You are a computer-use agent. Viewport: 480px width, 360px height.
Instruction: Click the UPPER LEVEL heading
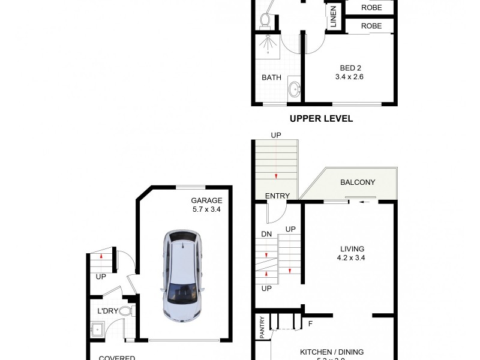click(x=321, y=119)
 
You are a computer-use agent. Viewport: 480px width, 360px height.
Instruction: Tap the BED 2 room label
click(x=349, y=67)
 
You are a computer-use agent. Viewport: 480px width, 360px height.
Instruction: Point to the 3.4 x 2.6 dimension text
click(x=349, y=77)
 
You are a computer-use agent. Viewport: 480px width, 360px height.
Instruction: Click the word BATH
click(x=271, y=77)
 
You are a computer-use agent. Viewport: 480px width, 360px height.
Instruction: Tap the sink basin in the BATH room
click(x=294, y=90)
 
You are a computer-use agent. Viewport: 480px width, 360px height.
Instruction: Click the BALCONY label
click(x=358, y=182)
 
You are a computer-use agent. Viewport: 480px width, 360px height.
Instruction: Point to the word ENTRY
click(x=277, y=196)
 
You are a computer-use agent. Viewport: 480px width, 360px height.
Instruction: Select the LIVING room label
click(x=351, y=248)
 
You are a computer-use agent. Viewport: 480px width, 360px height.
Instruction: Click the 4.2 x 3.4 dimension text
click(x=351, y=258)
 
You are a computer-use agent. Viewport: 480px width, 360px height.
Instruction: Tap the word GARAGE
click(x=206, y=200)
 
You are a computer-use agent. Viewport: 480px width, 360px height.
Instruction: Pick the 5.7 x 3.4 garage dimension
click(x=206, y=210)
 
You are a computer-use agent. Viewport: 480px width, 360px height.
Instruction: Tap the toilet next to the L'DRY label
click(x=126, y=311)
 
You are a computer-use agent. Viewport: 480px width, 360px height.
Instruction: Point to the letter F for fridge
click(x=310, y=325)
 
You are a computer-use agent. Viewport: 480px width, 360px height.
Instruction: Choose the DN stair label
click(x=267, y=234)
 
